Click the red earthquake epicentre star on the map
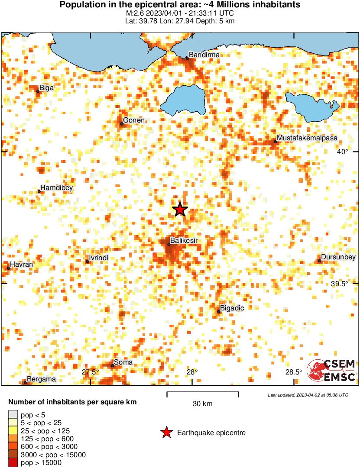pos(180,210)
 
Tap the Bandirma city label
pos(204,55)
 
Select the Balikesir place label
pos(182,240)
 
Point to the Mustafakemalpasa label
pos(307,138)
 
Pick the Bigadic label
pos(233,308)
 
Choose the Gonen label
pos(134,120)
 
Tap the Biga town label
pos(46,88)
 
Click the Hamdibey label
pos(56,188)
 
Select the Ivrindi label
pos(98,258)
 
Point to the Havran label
pos(21,264)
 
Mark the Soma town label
pos(123,362)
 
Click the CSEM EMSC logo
pos(331,370)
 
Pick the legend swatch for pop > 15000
pos(13,463)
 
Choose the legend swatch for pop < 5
pos(13,415)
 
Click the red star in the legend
pos(166,432)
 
